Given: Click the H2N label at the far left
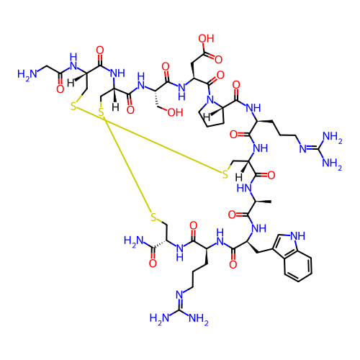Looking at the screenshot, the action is tap(27, 74).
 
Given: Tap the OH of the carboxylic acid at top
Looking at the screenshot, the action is tap(206, 38).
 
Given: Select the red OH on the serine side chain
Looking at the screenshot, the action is tap(175, 112).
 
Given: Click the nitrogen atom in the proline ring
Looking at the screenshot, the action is tap(210, 99).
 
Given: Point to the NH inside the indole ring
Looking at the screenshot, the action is tap(297, 235).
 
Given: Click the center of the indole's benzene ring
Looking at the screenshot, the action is tap(298, 266).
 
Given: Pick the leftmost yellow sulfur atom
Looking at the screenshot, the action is tap(73, 106).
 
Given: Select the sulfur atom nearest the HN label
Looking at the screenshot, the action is tap(225, 174).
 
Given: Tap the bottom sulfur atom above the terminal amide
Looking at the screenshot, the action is tap(153, 217).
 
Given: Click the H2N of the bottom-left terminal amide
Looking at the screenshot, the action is tap(134, 241).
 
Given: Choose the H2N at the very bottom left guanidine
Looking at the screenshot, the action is tap(160, 319).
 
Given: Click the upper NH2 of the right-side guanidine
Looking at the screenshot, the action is tap(333, 137).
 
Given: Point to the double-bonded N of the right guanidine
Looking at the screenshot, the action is tap(303, 148).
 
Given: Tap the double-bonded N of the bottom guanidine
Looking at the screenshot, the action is tap(180, 294).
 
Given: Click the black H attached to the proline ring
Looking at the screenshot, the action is tap(207, 117).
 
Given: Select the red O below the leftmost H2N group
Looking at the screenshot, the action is tap(60, 89).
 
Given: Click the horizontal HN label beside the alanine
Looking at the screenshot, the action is tap(244, 188).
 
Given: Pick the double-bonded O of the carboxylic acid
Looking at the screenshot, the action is tap(218, 59).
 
